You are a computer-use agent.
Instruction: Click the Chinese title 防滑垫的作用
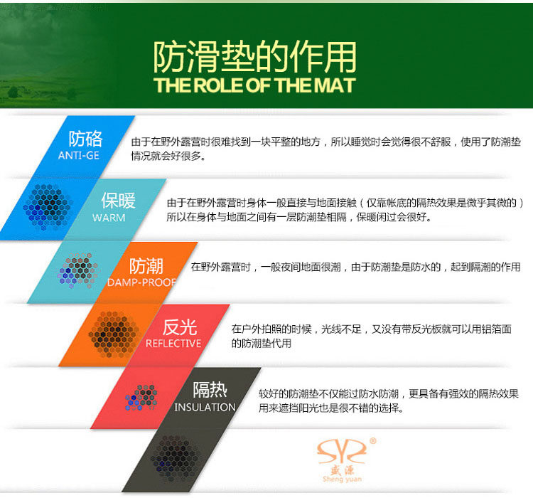tap(254, 56)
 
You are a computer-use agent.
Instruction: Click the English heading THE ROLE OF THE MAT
tap(254, 85)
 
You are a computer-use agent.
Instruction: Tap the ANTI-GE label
tap(78, 156)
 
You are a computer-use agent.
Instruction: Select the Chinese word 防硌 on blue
tap(86, 139)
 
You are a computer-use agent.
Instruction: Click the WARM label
tap(109, 218)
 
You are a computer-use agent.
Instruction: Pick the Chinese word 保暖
tap(118, 200)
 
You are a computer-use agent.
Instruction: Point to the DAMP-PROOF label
tap(141, 282)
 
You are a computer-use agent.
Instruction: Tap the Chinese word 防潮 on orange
tap(146, 266)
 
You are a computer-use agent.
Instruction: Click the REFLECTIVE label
tap(173, 344)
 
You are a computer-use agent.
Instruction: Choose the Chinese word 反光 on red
tap(180, 327)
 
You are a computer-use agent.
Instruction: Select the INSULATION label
tap(205, 407)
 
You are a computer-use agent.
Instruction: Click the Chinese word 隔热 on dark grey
tap(210, 389)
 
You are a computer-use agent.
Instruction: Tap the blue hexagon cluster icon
tap(48, 206)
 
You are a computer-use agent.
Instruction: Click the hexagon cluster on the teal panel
tap(78, 270)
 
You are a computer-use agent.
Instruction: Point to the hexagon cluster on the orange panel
tap(114, 334)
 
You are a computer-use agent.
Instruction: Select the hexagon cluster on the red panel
tap(141, 397)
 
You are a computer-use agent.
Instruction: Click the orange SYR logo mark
tap(342, 452)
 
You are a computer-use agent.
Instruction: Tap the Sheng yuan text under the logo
tap(342, 479)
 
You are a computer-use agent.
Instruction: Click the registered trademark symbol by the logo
tap(372, 441)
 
